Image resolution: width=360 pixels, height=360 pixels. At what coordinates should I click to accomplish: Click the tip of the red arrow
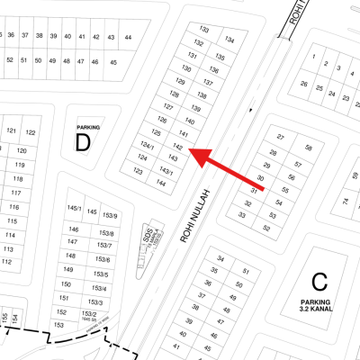pyautogui.click(x=192, y=152)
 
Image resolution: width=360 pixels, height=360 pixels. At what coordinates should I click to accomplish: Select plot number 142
pyautogui.click(x=178, y=146)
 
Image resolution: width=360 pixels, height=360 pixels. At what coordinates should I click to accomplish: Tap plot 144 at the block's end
pyautogui.click(x=160, y=183)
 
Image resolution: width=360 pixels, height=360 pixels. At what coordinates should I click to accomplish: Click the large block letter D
pyautogui.click(x=83, y=142)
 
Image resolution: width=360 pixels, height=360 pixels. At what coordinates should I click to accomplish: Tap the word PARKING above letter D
pyautogui.click(x=88, y=128)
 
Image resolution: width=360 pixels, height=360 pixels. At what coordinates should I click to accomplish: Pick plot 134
pyautogui.click(x=230, y=40)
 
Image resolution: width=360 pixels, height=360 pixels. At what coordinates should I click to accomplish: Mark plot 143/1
pyautogui.click(x=166, y=171)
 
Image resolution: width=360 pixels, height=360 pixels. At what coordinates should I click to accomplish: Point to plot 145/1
pyautogui.click(x=74, y=209)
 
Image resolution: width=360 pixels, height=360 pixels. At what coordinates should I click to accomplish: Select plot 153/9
pyautogui.click(x=111, y=216)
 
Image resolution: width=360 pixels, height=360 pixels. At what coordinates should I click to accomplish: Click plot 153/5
pyautogui.click(x=100, y=274)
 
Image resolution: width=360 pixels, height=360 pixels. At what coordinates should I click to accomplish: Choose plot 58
pyautogui.click(x=308, y=148)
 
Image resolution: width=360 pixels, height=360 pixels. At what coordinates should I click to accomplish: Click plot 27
pyautogui.click(x=281, y=137)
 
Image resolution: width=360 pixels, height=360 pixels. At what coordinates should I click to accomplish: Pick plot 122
pyautogui.click(x=31, y=132)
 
